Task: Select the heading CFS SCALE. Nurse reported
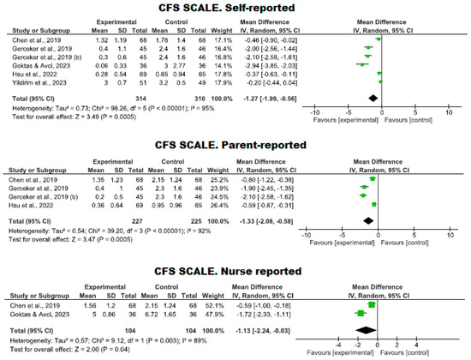pyautogui.click(x=235, y=256)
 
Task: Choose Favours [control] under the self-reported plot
pyautogui.click(x=406, y=121)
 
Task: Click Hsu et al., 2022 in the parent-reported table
pyautogui.click(x=35, y=204)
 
